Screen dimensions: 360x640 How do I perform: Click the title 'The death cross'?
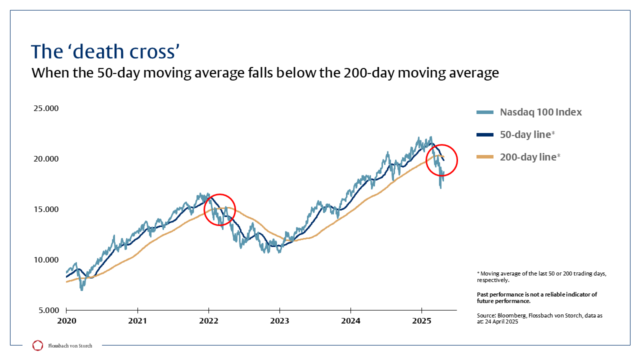tap(105, 51)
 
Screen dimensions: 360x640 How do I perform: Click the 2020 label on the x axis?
tap(66, 320)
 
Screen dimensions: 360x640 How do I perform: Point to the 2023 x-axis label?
tap(279, 320)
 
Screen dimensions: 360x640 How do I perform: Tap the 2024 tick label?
tap(351, 320)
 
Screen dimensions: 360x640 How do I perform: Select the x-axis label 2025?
tap(422, 320)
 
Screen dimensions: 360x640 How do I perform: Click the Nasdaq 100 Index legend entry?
tap(540, 112)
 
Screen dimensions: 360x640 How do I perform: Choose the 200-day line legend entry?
tap(530, 157)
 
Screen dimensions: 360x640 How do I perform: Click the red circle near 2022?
tap(219, 210)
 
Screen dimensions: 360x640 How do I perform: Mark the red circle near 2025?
tap(441, 160)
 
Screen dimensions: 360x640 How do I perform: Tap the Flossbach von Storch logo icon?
tap(37, 345)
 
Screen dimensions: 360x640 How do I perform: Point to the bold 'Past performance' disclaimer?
tap(536, 297)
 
